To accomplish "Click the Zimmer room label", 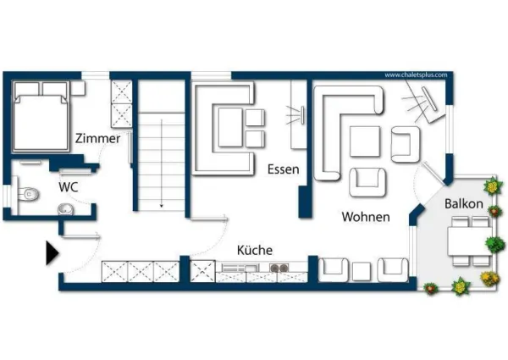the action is [97, 138].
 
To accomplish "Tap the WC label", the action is [69, 187].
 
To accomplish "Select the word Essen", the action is [283, 169].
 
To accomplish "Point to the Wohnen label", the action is [366, 217].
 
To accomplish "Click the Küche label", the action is [255, 250].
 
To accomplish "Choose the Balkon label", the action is [464, 204].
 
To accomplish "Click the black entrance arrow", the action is [52, 253].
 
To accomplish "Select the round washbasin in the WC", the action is [66, 209].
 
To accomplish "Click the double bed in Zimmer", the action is [41, 116].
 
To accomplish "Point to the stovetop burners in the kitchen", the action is [279, 268].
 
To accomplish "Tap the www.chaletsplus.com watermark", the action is [416, 75].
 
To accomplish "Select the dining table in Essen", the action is [230, 127].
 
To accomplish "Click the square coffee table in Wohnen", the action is [365, 141].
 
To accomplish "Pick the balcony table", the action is [469, 241].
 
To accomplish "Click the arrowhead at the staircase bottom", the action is [162, 206].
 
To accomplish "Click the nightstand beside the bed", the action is [78, 88].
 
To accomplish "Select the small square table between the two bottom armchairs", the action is [362, 272].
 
